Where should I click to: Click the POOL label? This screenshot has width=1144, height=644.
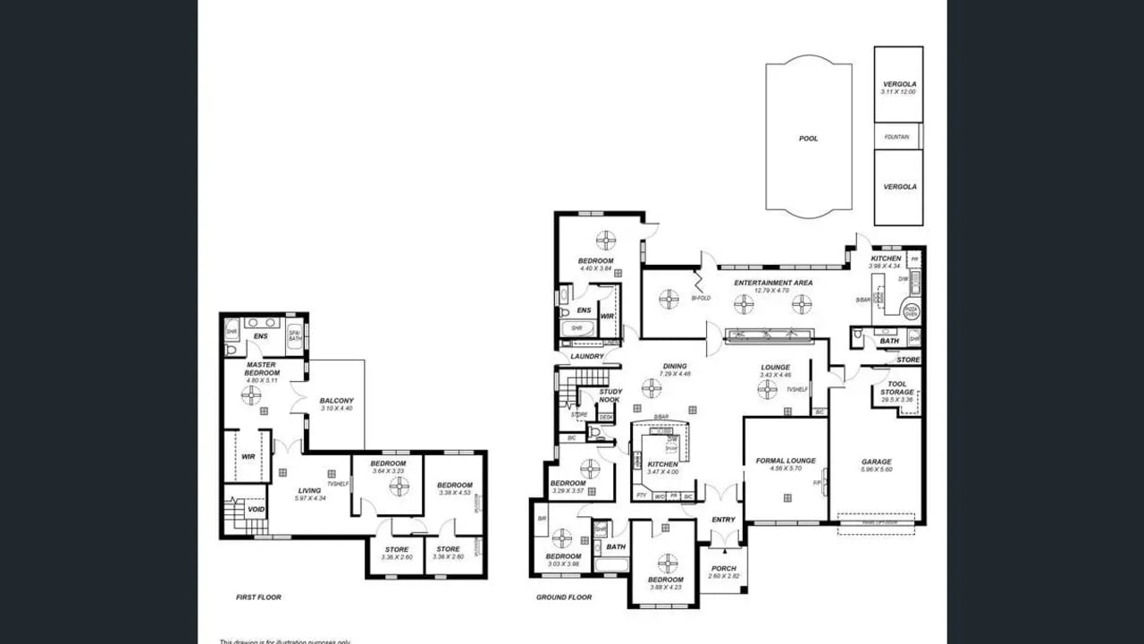click(x=808, y=139)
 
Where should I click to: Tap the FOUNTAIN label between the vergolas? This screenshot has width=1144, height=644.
click(x=896, y=137)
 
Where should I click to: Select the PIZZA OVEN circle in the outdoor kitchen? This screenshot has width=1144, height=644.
click(x=911, y=311)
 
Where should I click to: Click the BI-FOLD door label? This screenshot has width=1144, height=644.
click(x=701, y=298)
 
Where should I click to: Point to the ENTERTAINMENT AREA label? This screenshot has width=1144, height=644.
click(x=773, y=283)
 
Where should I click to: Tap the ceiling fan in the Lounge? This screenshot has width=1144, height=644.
click(x=767, y=388)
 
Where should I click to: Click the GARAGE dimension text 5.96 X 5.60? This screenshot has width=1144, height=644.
click(x=876, y=470)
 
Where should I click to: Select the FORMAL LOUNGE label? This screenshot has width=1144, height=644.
click(x=786, y=461)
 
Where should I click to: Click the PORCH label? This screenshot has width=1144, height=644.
click(x=723, y=568)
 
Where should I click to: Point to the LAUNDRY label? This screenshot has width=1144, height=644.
click(x=587, y=357)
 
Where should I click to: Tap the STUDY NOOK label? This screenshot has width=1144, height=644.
click(x=610, y=395)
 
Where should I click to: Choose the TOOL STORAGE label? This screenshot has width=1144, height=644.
click(x=896, y=388)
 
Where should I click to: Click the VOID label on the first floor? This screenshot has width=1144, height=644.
click(x=257, y=509)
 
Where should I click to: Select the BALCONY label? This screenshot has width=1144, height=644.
click(x=337, y=401)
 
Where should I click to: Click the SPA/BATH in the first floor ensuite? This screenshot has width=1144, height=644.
click(x=294, y=336)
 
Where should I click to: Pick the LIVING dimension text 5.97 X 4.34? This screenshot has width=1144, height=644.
click(x=309, y=498)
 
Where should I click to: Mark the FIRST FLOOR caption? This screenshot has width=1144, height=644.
click(x=258, y=597)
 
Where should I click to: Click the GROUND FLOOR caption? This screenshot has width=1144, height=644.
click(x=563, y=597)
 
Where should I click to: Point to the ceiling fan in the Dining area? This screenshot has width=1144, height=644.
click(x=652, y=388)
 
